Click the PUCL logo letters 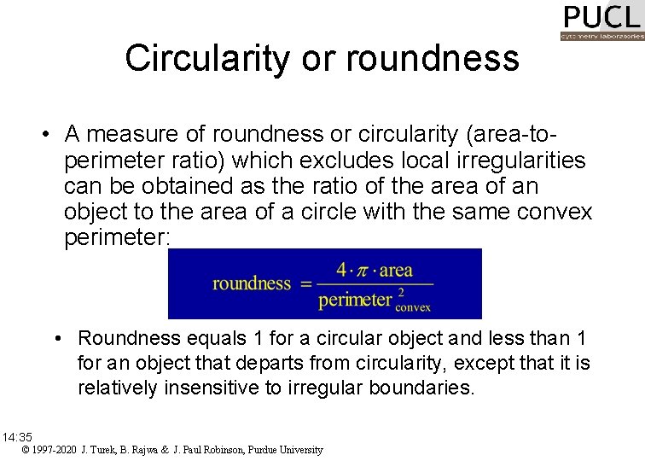[x=601, y=17]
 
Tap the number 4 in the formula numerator [x=341, y=271]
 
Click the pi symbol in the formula [x=363, y=271]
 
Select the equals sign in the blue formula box [x=305, y=284]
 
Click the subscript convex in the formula [x=414, y=307]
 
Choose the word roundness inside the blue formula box [x=252, y=283]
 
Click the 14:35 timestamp [x=17, y=436]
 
